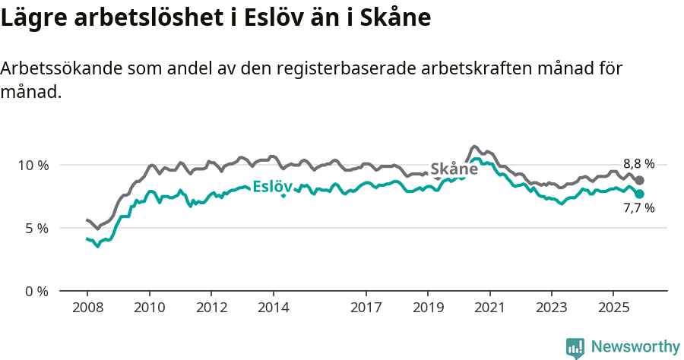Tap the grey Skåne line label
coord(454,169)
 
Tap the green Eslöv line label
coord(272,186)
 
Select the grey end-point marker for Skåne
coord(640,180)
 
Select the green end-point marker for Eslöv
coord(640,194)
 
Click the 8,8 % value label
coord(638,163)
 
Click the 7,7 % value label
coord(638,208)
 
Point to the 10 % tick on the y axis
coord(33,165)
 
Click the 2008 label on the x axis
coord(87,308)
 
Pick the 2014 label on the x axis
coord(273,308)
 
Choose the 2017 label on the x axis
coord(366,308)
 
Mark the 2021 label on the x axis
coord(490,308)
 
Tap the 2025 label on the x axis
coord(613,308)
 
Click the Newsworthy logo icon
coord(575,348)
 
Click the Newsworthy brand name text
coord(635,347)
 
